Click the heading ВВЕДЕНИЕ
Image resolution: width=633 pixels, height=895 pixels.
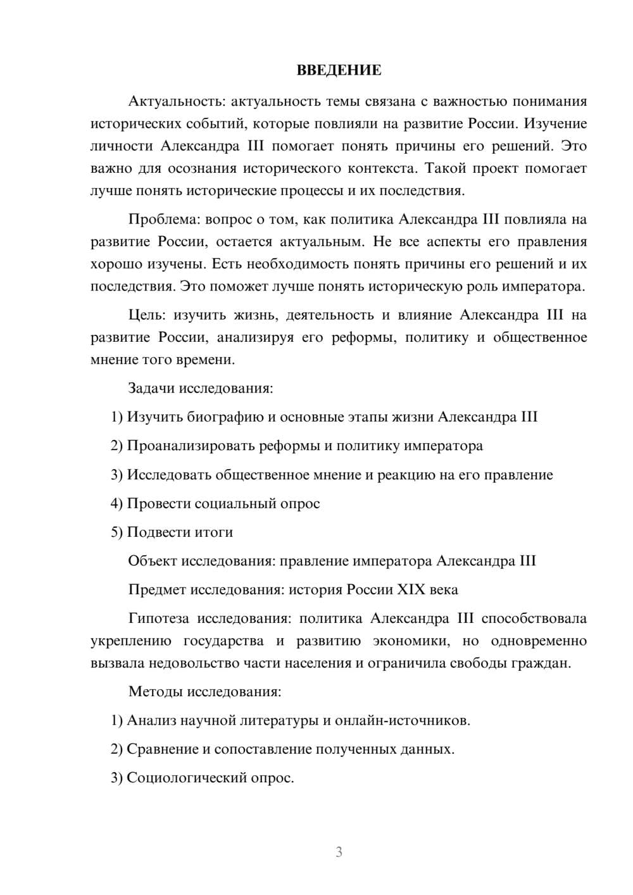click(339, 70)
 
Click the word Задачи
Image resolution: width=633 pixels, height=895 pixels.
click(151, 388)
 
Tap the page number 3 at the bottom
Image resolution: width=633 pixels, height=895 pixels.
click(339, 852)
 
